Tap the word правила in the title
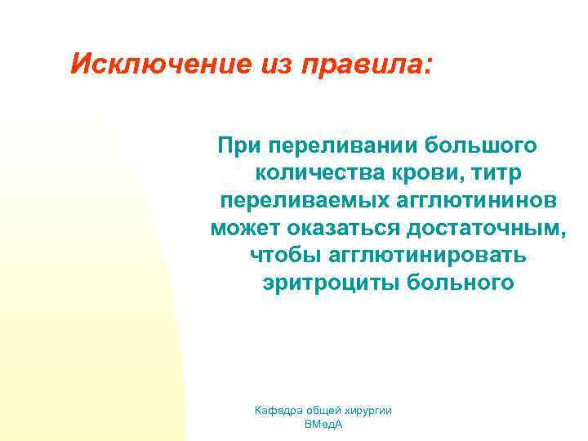[364, 63]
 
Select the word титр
[499, 173]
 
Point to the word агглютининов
[471, 201]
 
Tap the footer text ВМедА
[323, 425]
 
